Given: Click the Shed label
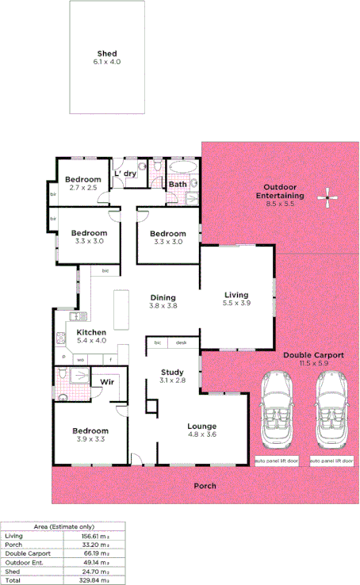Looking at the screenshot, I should [107, 54].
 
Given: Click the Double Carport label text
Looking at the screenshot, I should [313, 356].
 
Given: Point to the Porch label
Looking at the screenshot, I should [205, 486].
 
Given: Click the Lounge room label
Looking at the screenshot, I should [201, 426].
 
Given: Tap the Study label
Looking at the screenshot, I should [172, 372].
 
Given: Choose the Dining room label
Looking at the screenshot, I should [163, 298].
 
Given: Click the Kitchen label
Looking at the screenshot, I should [91, 332].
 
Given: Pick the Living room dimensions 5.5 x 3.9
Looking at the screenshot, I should [236, 303].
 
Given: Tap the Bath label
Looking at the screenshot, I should [178, 185].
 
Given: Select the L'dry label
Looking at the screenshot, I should [126, 174].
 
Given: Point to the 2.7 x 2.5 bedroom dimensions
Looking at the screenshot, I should [83, 188].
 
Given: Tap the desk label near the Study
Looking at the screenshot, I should [181, 342].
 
